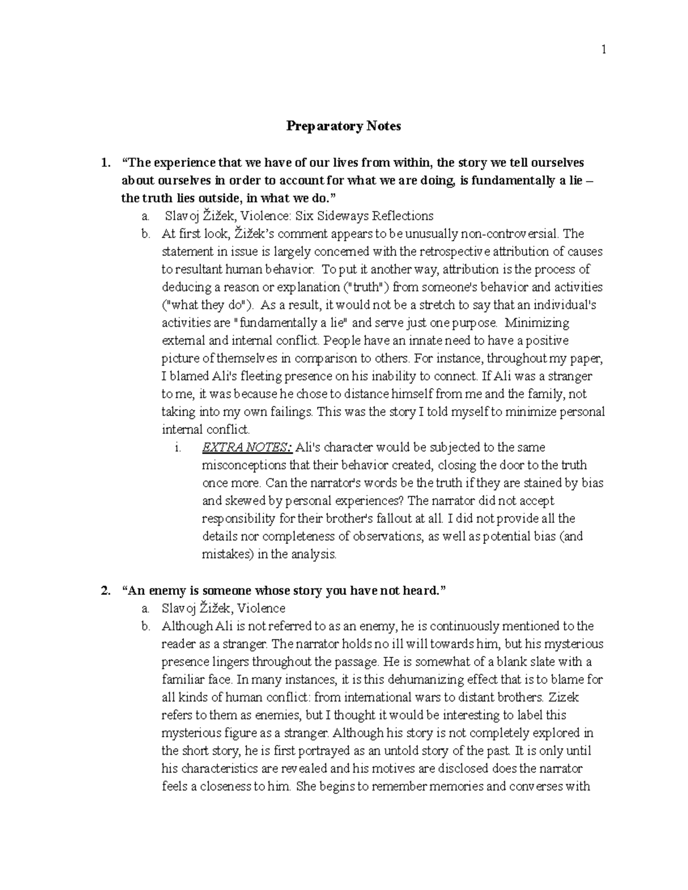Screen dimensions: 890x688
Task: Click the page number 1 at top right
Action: [x=603, y=50]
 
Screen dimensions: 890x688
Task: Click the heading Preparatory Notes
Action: [x=343, y=126]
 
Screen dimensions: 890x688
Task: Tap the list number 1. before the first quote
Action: [x=105, y=163]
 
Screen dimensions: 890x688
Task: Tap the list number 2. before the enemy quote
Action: [x=105, y=591]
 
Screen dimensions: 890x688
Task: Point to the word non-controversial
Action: [x=503, y=234]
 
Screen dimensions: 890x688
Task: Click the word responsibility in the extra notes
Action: [x=239, y=519]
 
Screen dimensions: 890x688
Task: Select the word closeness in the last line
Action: [x=218, y=786]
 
